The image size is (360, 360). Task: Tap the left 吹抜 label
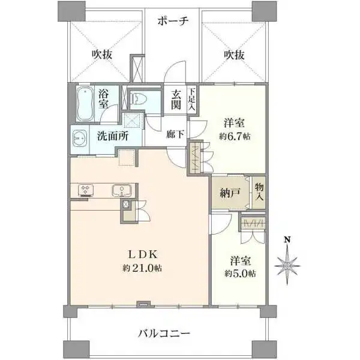pos(102,55)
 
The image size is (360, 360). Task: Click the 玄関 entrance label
pos(176,99)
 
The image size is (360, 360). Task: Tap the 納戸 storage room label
pos(227,193)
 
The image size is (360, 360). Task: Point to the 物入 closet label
pos(259,192)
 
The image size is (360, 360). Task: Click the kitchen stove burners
pos(85,190)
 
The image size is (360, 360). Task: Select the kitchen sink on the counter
pos(123,190)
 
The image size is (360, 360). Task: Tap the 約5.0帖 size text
pos(241,274)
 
